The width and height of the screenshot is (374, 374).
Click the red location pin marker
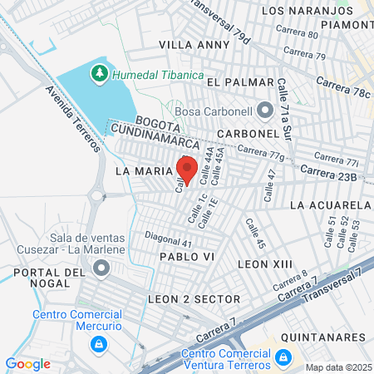point(187,168)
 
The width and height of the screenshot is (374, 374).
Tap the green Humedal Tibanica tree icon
point(100,73)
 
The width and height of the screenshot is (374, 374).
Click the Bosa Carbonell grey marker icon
point(265,109)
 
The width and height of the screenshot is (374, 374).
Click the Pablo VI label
point(187,257)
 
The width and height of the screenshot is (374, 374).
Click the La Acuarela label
point(331,204)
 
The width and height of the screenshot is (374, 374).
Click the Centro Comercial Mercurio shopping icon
point(99,343)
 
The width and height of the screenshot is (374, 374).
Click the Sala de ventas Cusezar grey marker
point(101,268)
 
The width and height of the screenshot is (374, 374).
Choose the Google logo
point(27,363)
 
